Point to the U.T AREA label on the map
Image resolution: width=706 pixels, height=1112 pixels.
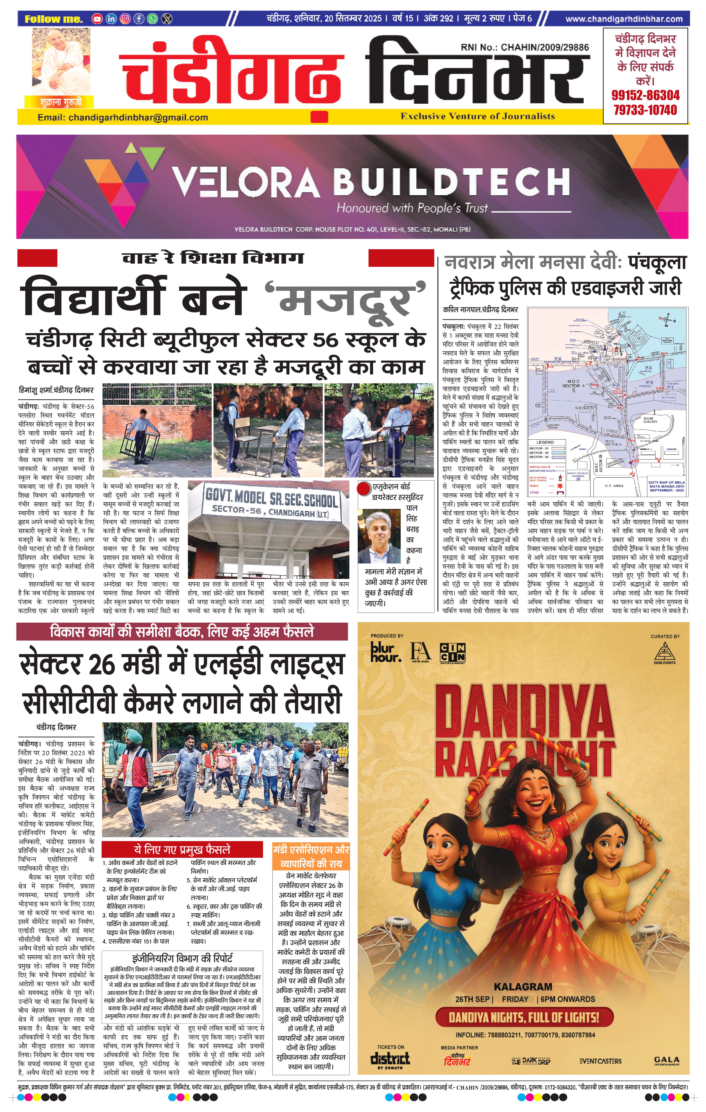(614, 485)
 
